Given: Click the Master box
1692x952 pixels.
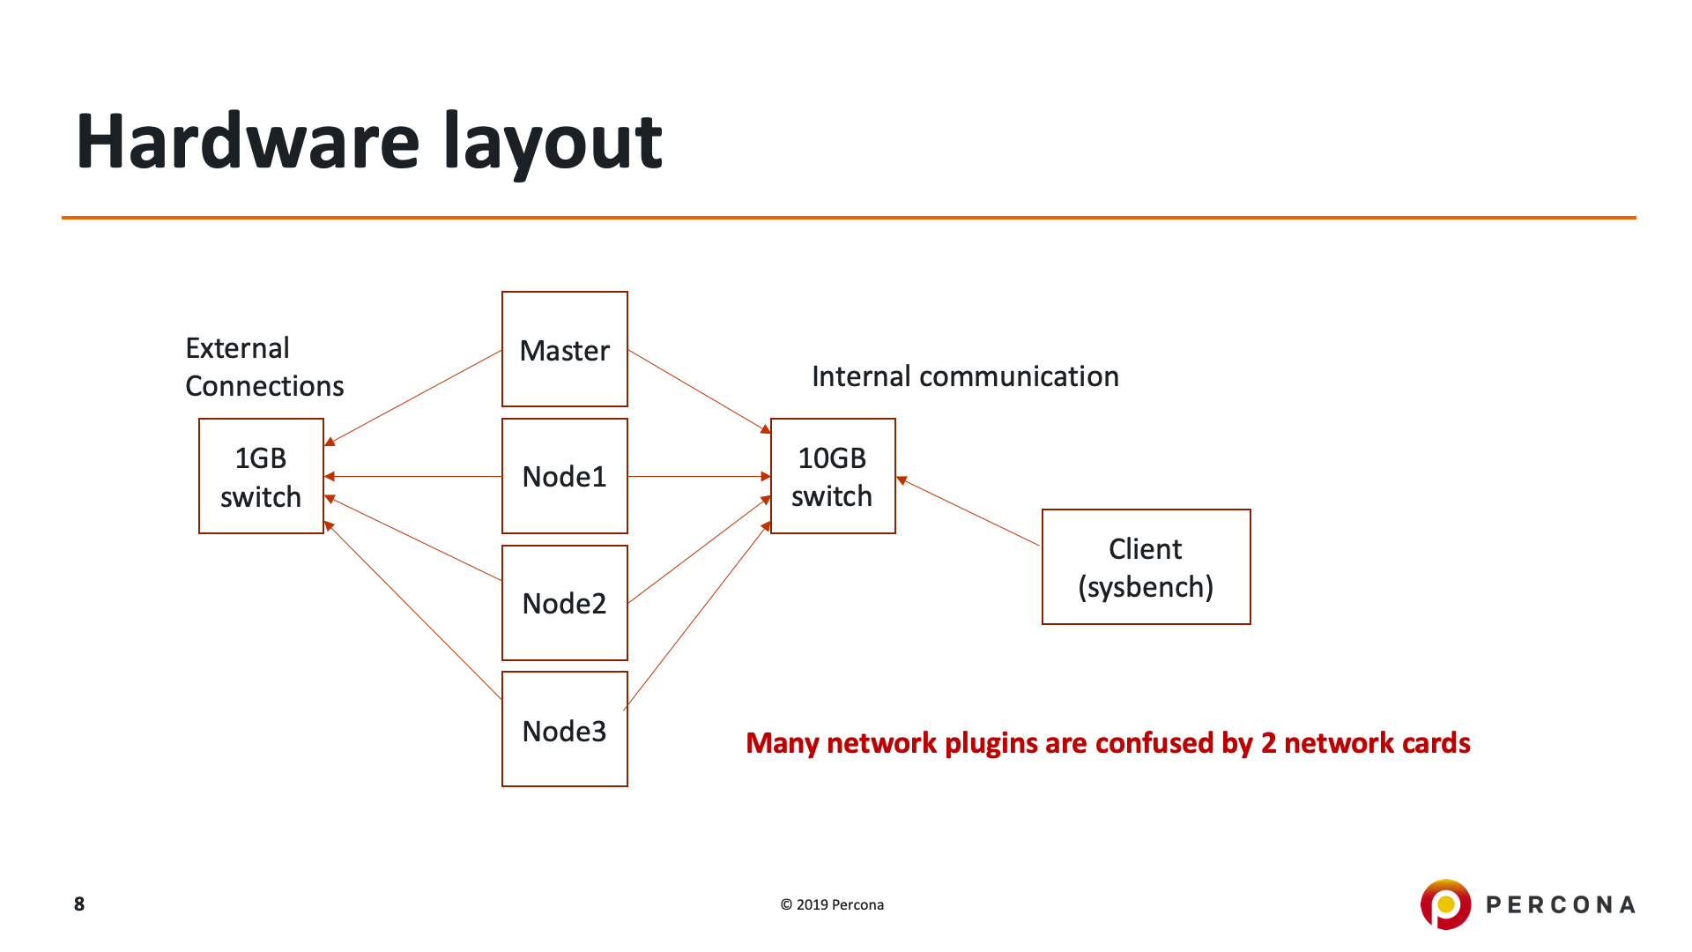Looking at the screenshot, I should point(564,349).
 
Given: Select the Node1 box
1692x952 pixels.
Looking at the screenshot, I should point(564,476).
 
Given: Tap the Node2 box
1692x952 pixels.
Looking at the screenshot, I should point(564,603).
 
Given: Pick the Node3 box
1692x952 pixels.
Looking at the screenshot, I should point(564,729).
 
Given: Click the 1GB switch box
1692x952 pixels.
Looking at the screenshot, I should point(261,476).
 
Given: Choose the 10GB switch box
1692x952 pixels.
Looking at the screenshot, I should point(833,476).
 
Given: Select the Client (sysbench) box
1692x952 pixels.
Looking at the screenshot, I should point(1146,567).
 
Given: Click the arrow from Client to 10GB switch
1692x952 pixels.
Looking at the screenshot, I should point(969,512).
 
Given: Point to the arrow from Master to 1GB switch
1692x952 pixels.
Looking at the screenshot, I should point(414,397).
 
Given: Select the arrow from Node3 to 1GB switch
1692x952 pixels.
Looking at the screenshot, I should point(414,611).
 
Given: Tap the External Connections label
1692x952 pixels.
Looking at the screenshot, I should point(263,367).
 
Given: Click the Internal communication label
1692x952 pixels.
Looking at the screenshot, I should point(965,376).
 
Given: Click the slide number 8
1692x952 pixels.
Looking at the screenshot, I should point(79,904).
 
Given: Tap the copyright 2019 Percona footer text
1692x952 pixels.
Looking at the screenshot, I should point(832,904).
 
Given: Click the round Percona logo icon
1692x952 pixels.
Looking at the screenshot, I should point(1445,904).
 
